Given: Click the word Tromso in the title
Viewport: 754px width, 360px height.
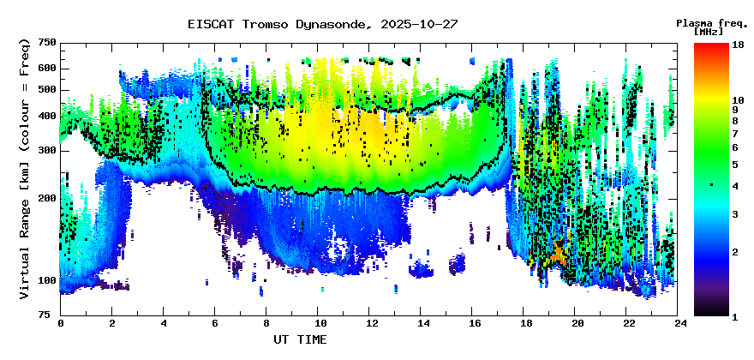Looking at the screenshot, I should (268, 24).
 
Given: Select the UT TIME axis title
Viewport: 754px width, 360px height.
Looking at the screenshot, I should (300, 340).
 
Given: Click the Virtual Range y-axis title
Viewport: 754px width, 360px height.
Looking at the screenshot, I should (24, 169).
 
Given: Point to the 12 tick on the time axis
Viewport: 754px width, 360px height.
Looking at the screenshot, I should (371, 323).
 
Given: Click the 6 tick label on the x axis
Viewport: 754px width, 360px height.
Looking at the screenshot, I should (215, 323).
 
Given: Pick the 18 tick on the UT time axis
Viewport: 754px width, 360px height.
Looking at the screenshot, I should (526, 323).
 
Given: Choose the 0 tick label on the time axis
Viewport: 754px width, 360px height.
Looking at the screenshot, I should (60, 323).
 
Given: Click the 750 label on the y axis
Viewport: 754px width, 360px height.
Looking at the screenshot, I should (46, 43).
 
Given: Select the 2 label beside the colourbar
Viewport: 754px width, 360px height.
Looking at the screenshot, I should (734, 252).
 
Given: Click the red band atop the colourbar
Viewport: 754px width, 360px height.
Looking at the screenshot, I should (711, 48).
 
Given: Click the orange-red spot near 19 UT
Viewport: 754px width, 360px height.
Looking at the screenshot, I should (559, 254).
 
